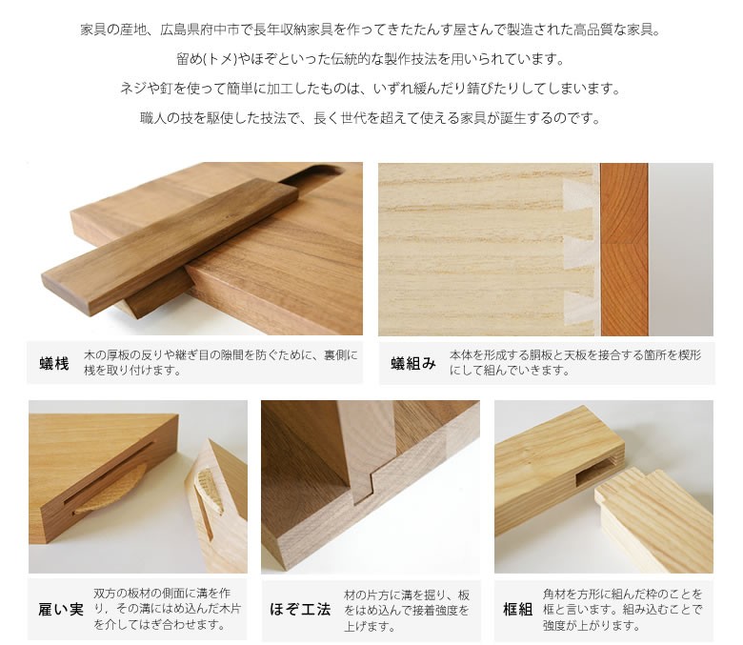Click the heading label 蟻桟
[54, 364]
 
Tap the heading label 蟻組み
[413, 364]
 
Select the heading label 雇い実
[61, 610]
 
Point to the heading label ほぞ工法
[300, 610]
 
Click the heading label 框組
[517, 610]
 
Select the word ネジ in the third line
[132, 89]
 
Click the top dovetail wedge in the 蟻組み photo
[579, 194]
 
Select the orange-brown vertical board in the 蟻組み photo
[624, 250]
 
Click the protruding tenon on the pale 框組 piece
[631, 483]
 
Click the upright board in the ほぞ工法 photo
[366, 451]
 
